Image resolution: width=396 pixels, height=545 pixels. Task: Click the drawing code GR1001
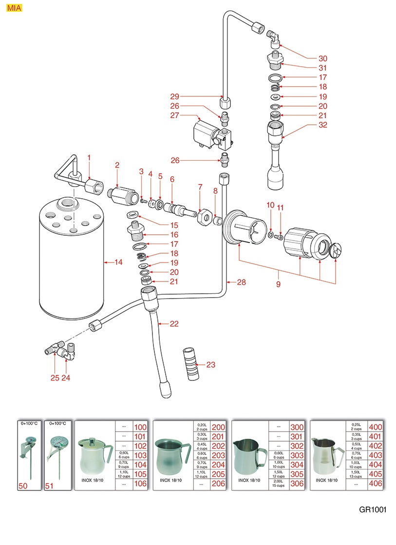(373, 510)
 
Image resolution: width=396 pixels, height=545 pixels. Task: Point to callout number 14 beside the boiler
(118, 263)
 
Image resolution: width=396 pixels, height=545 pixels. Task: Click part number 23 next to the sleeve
(210, 364)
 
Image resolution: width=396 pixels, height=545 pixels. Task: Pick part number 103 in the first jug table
(140, 455)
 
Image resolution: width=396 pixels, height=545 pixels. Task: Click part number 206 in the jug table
(219, 484)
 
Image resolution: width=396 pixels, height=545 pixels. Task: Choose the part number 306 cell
(296, 484)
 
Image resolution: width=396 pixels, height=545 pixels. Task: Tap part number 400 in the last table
(376, 427)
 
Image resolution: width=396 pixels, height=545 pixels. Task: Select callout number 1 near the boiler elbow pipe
(89, 157)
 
